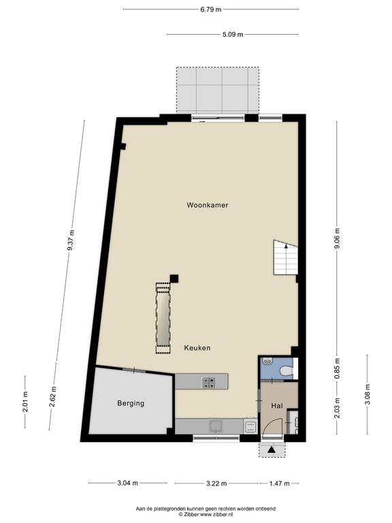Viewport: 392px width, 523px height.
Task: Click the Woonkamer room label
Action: (x=208, y=205)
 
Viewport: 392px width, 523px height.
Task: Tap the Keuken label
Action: (x=197, y=348)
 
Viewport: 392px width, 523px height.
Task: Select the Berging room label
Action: (x=131, y=403)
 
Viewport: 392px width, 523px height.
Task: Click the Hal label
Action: (x=277, y=406)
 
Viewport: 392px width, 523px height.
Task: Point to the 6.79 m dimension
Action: (x=211, y=10)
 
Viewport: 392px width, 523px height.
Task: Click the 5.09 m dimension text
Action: (x=233, y=34)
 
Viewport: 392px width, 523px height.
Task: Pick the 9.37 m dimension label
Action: (x=71, y=240)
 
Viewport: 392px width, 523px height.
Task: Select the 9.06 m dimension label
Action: (x=338, y=238)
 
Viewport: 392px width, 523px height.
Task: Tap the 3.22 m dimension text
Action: (x=216, y=484)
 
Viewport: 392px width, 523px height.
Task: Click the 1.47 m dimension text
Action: (x=279, y=484)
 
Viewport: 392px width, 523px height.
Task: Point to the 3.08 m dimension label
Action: (x=367, y=394)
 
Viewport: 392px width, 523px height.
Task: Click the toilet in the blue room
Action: (x=287, y=370)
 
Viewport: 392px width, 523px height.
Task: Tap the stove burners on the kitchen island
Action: (x=209, y=382)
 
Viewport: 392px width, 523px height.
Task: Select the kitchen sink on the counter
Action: (x=215, y=426)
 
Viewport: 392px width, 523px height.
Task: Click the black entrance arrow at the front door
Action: (x=272, y=449)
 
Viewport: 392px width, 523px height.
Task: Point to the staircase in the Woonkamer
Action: (x=285, y=258)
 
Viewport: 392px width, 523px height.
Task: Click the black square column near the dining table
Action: (x=174, y=279)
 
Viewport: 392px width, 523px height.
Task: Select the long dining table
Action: (x=163, y=318)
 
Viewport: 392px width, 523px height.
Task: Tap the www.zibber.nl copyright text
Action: (x=206, y=514)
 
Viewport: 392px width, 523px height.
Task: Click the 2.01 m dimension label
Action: (x=25, y=402)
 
